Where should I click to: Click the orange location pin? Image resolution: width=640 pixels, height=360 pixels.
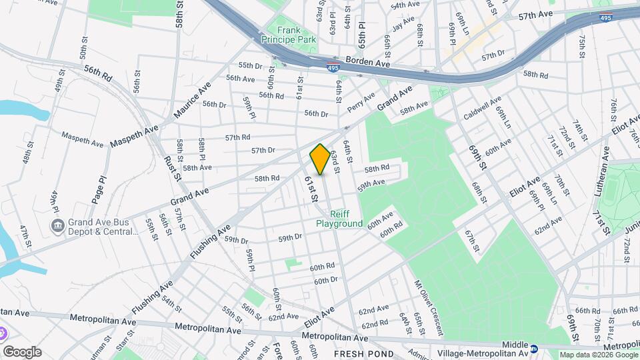(x=320, y=159)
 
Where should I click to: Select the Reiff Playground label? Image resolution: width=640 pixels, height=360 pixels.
(x=348, y=219)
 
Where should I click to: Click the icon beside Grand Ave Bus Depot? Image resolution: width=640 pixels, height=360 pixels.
(x=57, y=225)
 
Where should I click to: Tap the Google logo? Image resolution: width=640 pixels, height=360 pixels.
(x=22, y=351)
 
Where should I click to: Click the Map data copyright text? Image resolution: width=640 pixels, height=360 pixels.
(x=598, y=355)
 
